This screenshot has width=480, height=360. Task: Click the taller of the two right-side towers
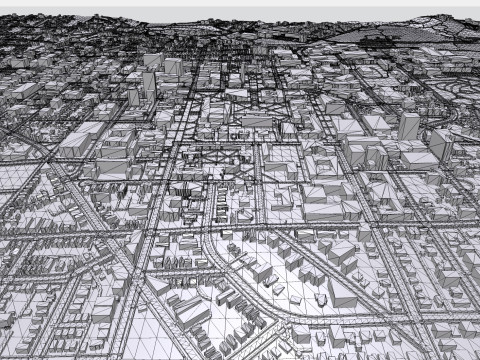(x=408, y=126)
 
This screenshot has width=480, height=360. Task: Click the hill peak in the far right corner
(x=440, y=18)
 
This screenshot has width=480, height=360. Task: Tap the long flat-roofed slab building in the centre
(x=256, y=121)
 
